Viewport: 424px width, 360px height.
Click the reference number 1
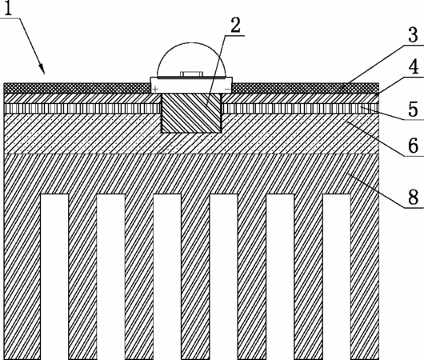coord(8,8)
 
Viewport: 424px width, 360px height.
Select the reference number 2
coord(235,25)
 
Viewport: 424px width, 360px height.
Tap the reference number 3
coord(413,34)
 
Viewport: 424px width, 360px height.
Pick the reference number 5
coord(413,109)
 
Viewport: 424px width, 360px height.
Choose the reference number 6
coord(413,146)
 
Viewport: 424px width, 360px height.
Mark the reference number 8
coord(413,197)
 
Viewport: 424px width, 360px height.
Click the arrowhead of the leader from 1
coord(42,69)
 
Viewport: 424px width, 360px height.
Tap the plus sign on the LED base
coord(155,89)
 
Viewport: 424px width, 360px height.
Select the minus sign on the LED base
coord(228,89)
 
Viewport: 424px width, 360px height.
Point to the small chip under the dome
coord(191,74)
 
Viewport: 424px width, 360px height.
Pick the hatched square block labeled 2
coord(191,113)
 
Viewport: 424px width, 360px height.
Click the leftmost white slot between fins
coord(54,277)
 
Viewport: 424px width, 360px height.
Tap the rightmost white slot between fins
coord(337,277)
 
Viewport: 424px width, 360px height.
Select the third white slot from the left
coord(167,277)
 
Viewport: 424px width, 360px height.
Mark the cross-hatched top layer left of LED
coord(78,88)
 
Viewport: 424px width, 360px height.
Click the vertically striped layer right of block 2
coord(300,109)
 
